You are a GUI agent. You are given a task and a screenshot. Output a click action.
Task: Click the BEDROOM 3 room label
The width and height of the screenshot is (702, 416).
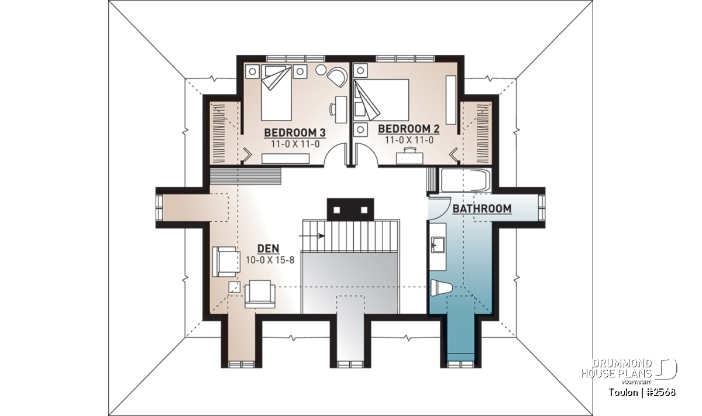[x=295, y=133]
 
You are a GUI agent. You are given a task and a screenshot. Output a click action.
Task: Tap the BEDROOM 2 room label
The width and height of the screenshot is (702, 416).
[x=409, y=129]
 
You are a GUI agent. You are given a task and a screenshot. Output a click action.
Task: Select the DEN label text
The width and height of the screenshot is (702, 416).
[x=268, y=249]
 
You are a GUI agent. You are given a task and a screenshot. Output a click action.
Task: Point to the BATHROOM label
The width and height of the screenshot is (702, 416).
[x=482, y=209]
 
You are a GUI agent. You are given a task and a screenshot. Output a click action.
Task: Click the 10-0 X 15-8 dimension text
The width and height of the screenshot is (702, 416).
[x=270, y=260]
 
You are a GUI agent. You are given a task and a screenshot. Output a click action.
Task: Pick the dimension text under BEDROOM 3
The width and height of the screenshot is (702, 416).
[x=295, y=144]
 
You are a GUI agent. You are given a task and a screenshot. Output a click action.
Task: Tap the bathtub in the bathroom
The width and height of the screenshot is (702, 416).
[x=466, y=181]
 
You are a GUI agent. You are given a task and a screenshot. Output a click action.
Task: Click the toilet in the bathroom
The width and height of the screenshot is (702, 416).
[x=441, y=288]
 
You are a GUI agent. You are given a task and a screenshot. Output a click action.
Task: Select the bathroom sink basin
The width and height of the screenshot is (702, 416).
[x=438, y=245]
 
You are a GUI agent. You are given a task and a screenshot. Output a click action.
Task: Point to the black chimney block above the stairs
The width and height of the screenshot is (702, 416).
[x=350, y=209]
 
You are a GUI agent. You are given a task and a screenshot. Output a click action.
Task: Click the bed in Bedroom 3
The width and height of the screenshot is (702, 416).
[x=276, y=93]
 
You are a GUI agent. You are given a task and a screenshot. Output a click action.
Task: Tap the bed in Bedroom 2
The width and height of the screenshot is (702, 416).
[x=381, y=100]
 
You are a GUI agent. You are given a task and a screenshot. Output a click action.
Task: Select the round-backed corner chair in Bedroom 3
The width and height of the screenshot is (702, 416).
[x=338, y=77]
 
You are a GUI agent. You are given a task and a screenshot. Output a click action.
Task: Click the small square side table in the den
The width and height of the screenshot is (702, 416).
[x=234, y=287]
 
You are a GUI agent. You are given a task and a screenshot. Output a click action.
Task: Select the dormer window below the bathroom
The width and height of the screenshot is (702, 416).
[x=461, y=365]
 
